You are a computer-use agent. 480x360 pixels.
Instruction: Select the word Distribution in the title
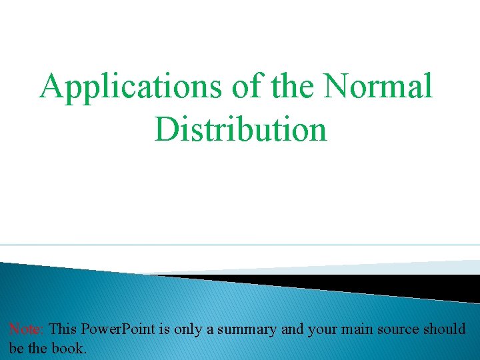pos(241,129)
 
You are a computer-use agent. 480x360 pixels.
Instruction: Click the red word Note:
pos(27,329)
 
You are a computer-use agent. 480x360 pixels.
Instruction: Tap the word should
pos(448,329)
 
